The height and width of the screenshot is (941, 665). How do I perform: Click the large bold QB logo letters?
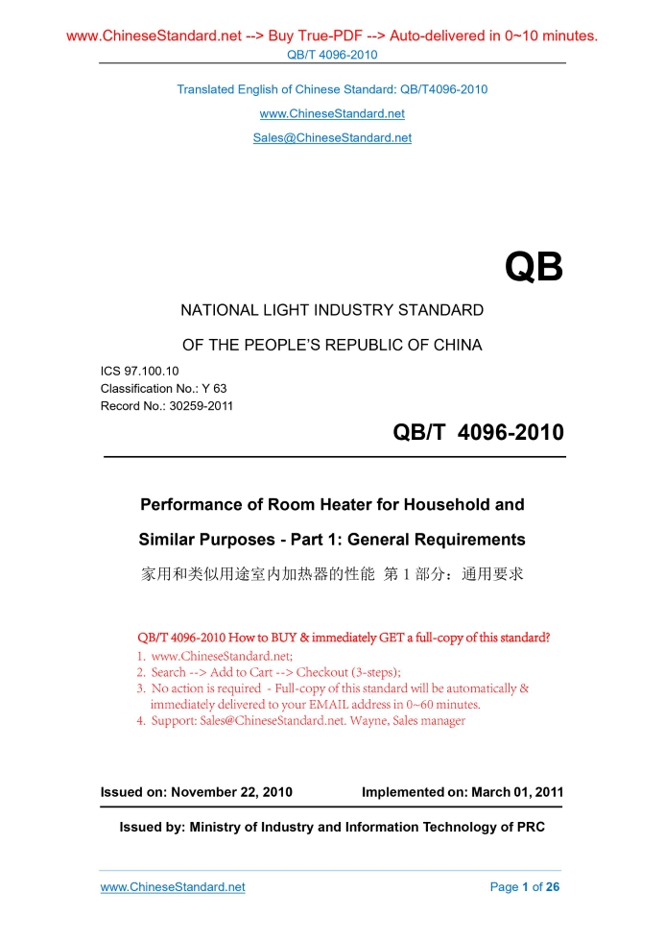(534, 268)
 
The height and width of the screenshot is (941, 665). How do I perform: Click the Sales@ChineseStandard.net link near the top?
(332, 137)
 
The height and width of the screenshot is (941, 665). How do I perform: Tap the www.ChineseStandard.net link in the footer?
(173, 886)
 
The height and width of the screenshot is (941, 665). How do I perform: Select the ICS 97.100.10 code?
(139, 371)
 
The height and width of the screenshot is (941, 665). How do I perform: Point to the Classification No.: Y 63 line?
(163, 388)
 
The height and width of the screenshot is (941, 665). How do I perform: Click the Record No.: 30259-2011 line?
(167, 405)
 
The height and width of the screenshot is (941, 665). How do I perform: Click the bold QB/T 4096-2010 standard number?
(478, 433)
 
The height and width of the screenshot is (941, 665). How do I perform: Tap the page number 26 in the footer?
(552, 886)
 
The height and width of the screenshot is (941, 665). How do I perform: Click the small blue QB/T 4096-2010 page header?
(332, 55)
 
